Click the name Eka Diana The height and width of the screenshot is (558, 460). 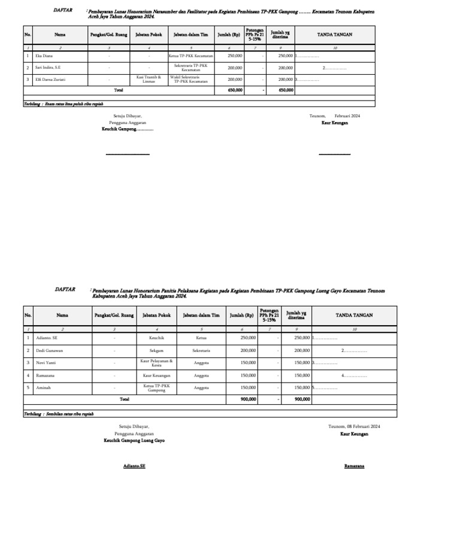pyautogui.click(x=43, y=56)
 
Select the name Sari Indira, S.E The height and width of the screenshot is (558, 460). pyautogui.click(x=48, y=68)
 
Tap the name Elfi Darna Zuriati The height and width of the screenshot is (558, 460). pyautogui.click(x=50, y=79)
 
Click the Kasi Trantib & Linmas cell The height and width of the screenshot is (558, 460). pyautogui.click(x=149, y=79)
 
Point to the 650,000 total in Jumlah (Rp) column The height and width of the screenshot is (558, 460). pyautogui.click(x=235, y=90)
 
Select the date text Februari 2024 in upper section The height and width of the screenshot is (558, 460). pyautogui.click(x=347, y=116)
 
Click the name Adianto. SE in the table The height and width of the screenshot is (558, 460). pyautogui.click(x=48, y=338)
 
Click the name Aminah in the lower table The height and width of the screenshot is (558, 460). pyautogui.click(x=44, y=387)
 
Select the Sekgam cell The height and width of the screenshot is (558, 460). pyautogui.click(x=156, y=350)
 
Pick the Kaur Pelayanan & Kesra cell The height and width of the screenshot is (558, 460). pyautogui.click(x=156, y=363)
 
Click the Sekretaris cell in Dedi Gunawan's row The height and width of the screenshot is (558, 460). pyautogui.click(x=201, y=350)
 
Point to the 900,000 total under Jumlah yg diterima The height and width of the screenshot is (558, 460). pyautogui.click(x=302, y=399)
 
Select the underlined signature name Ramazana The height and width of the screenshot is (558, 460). pyautogui.click(x=354, y=465)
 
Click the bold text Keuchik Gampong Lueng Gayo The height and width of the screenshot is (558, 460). pyautogui.click(x=134, y=440)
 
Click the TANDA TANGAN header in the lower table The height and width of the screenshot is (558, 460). pyautogui.click(x=354, y=315)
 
